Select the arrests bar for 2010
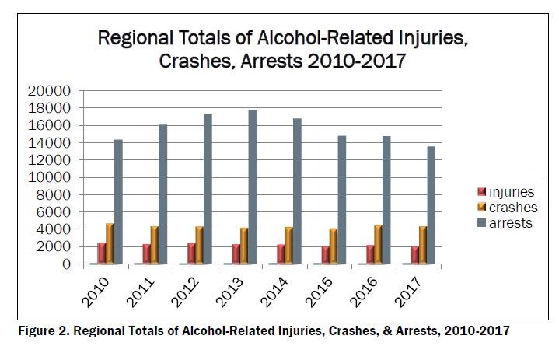point(119,201)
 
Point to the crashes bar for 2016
point(377,244)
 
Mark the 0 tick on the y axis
point(68,264)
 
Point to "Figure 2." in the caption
point(44,331)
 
